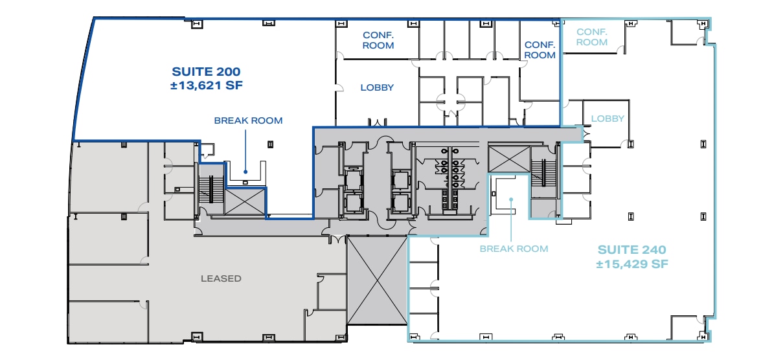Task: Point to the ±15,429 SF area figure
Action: (632, 264)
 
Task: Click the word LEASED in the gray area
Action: (221, 278)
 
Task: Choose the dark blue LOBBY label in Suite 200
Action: (377, 87)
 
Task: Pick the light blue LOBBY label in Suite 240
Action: (608, 118)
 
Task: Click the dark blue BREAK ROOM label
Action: (248, 120)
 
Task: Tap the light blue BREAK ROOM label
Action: (514, 249)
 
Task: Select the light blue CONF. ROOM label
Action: (592, 37)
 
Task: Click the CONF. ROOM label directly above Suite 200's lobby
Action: (378, 40)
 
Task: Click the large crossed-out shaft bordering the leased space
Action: (377, 280)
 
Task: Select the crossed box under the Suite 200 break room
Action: (245, 201)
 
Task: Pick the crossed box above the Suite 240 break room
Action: (508, 159)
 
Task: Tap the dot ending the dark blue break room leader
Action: (245, 172)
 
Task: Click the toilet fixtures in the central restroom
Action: (451, 172)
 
